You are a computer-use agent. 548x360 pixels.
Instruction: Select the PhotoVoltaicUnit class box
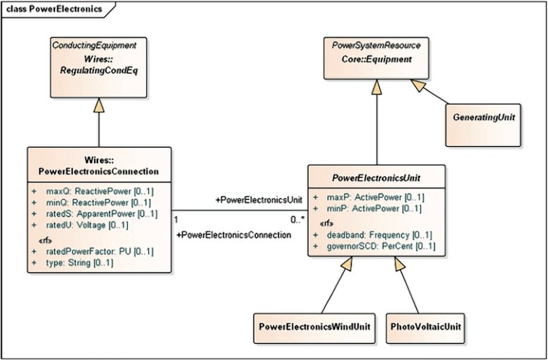pyautogui.click(x=427, y=328)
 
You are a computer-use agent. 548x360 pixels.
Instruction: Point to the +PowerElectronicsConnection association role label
pyautogui.click(x=234, y=234)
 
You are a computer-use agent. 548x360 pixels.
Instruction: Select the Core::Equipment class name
pyautogui.click(x=376, y=59)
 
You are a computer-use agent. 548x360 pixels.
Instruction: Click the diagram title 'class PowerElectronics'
pyautogui.click(x=54, y=9)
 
